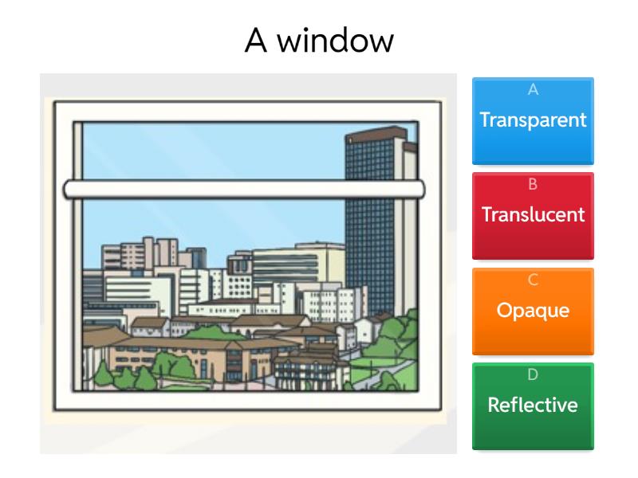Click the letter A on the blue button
533,91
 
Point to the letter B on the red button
533,185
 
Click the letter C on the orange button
533,280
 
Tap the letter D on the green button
533,374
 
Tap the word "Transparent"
533,120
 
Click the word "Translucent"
533,214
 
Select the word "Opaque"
533,310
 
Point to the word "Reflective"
533,405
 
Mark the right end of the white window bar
421,189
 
